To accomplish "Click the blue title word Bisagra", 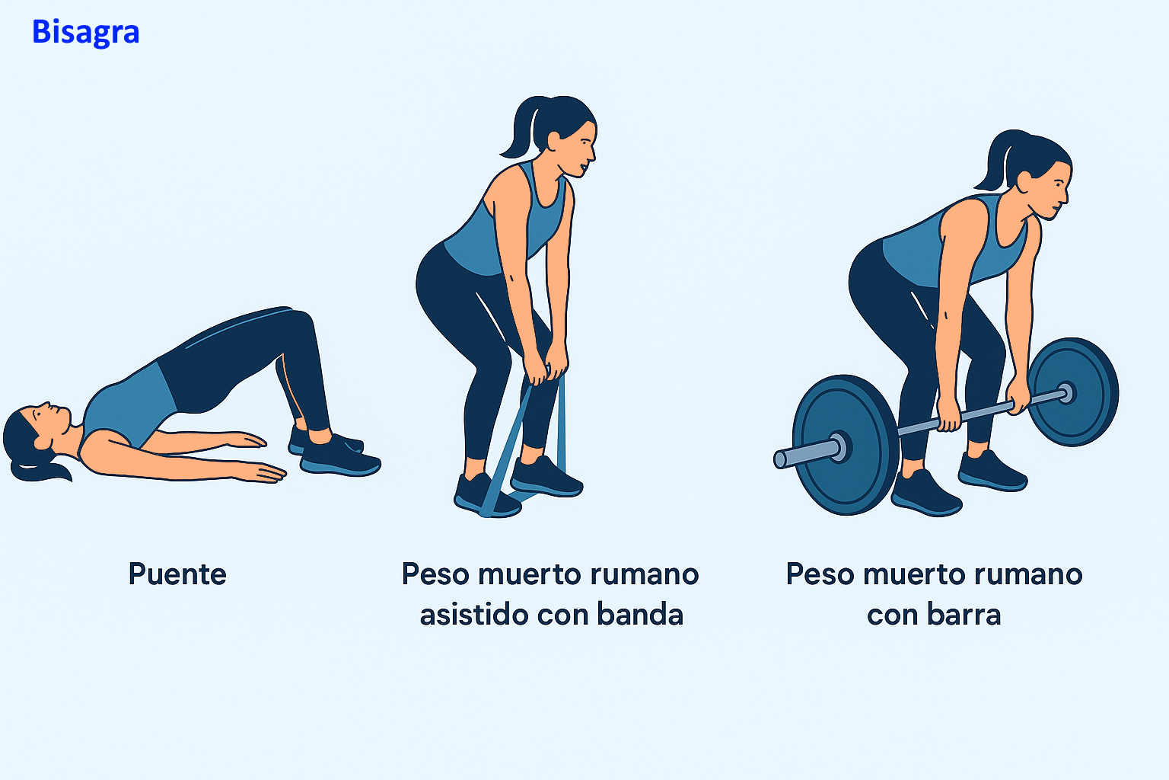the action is (x=85, y=33).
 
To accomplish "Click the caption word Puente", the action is (x=177, y=574).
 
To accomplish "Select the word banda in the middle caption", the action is (x=640, y=614).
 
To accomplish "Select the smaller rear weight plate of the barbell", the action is (x=1074, y=392).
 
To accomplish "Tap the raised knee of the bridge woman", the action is (x=298, y=323).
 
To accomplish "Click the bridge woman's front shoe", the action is (x=339, y=457).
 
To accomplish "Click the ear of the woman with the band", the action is (x=554, y=141).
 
